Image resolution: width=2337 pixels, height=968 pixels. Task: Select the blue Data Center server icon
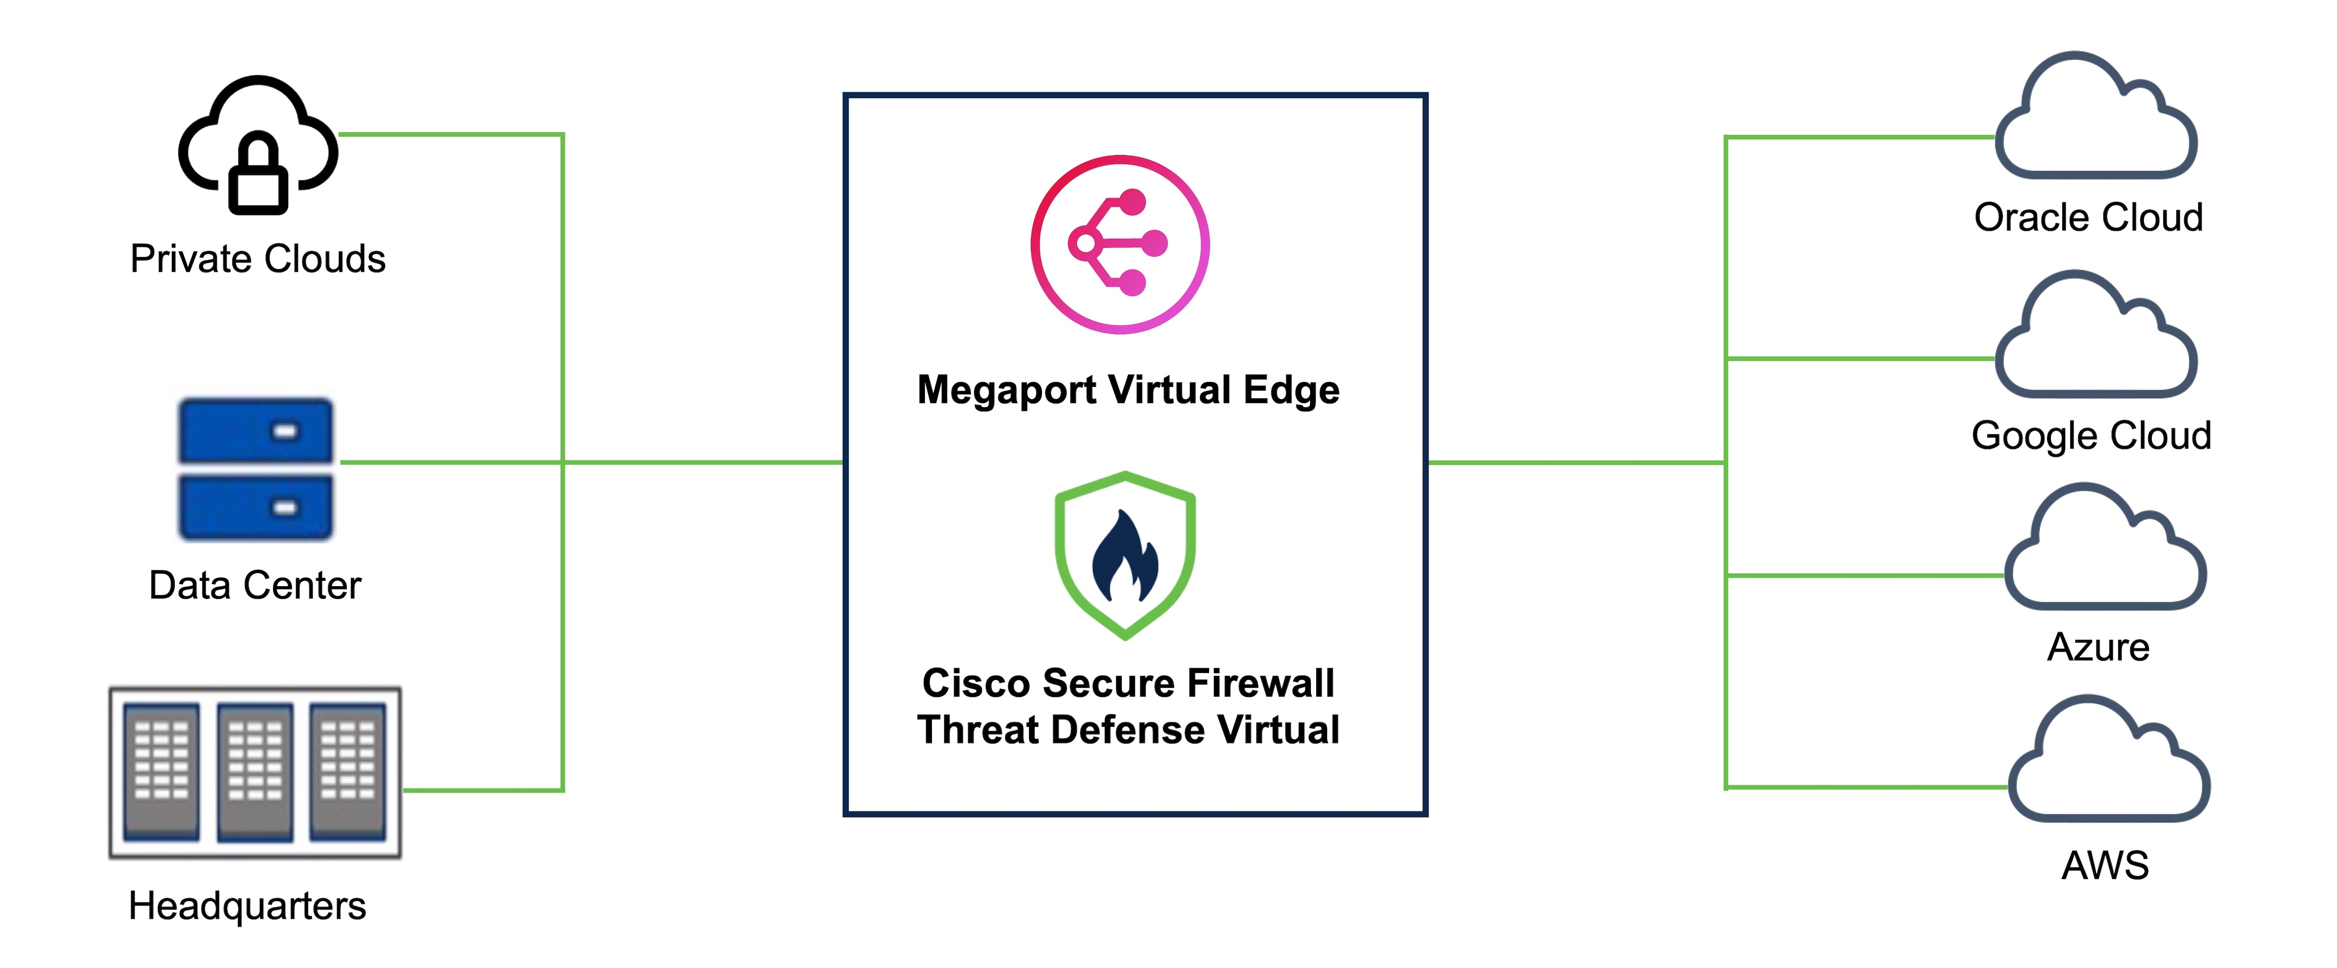click(256, 469)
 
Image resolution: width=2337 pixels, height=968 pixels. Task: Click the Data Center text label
click(255, 585)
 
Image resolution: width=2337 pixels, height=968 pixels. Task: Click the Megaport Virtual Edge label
click(1129, 390)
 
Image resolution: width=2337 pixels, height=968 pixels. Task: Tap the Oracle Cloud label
click(2088, 218)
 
